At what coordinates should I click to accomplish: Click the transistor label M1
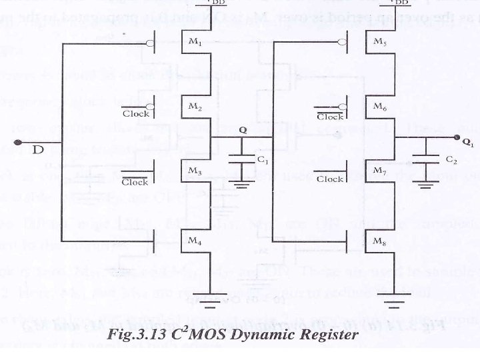coord(195,42)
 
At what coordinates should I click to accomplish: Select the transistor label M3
coord(195,171)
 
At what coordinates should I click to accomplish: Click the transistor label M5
coord(379,42)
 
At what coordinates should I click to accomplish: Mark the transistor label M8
coord(379,240)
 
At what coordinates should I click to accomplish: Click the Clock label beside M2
coord(136,113)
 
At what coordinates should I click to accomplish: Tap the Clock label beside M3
coord(135,181)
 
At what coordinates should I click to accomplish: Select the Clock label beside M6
coord(329,116)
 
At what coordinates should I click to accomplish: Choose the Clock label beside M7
coord(329,179)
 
